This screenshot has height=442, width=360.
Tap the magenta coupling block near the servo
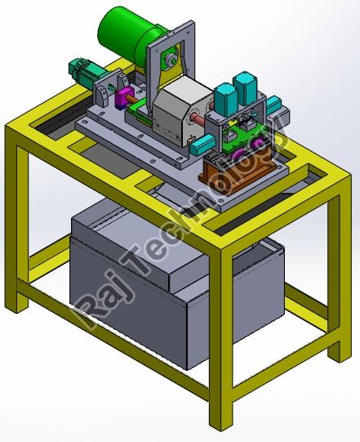[123, 97]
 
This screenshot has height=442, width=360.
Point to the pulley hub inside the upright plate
[171, 60]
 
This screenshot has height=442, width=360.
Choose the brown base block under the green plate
[233, 175]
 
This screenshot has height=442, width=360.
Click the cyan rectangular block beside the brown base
[202, 145]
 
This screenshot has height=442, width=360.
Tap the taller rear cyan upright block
[246, 89]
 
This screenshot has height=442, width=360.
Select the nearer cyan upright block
[226, 99]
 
